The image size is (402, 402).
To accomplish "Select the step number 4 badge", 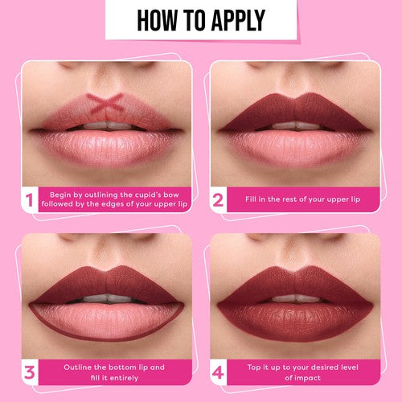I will click(217, 372).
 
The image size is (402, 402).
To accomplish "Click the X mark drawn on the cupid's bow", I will click(105, 103).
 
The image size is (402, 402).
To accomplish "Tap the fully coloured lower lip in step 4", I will click(293, 317).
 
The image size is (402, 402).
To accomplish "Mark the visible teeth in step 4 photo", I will click(293, 298).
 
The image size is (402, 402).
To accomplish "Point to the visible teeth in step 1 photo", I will click(107, 125).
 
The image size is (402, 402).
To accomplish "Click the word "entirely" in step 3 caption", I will click(139, 377).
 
